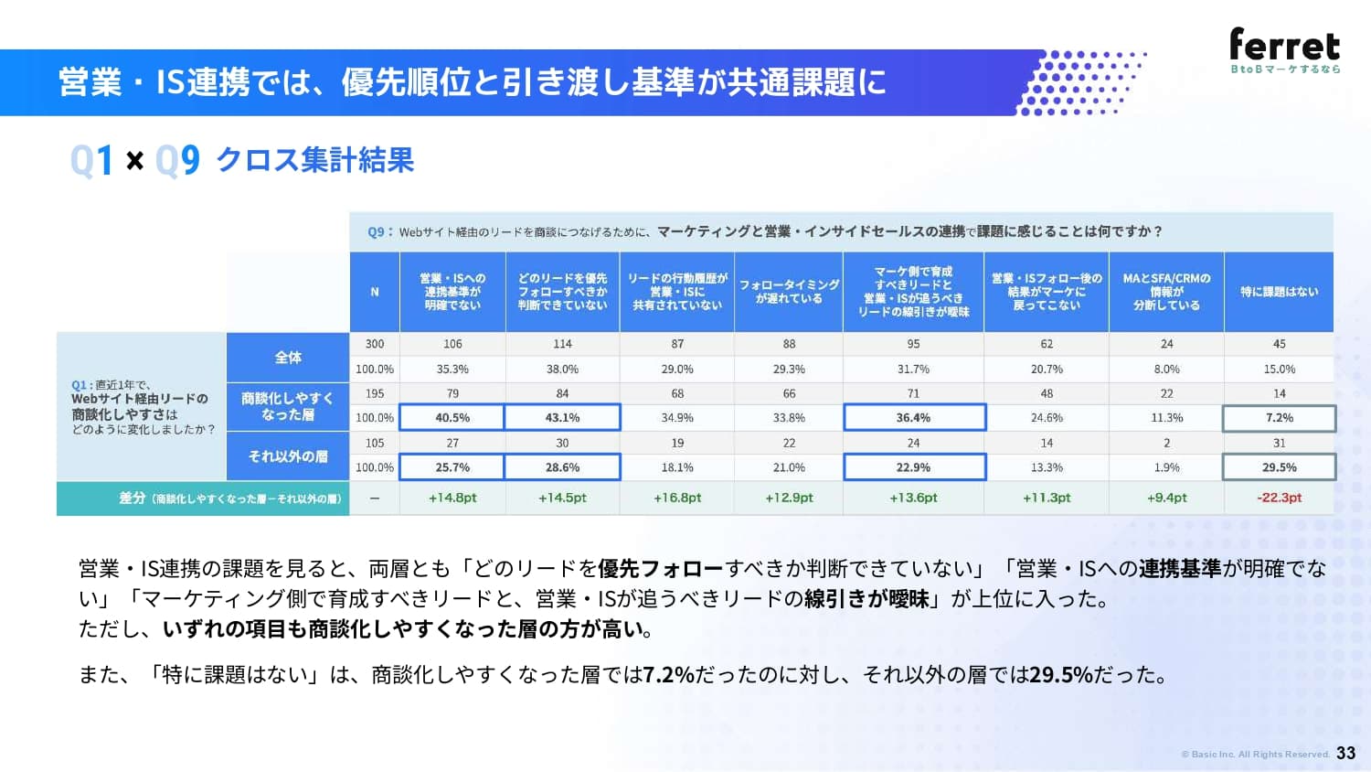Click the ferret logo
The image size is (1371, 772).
point(1285,50)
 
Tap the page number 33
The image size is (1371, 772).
point(1346,753)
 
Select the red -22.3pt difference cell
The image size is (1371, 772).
point(1280,498)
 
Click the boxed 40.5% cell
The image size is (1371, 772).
point(452,417)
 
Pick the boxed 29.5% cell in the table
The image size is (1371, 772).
point(1280,467)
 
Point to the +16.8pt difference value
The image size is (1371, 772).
point(677,498)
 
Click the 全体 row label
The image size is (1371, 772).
point(288,358)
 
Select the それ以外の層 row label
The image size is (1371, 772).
point(288,456)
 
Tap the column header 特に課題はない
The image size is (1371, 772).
point(1280,292)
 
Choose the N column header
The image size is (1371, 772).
point(375,292)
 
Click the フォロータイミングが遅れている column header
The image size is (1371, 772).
point(789,292)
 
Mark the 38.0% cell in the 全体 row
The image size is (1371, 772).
point(562,369)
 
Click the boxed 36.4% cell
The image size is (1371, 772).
point(914,417)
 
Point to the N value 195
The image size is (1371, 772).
point(375,393)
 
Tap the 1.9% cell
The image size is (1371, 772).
point(1166,467)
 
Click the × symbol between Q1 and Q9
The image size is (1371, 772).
point(134,160)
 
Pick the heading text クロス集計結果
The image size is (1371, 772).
point(315,160)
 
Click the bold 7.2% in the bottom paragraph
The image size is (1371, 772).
point(668,674)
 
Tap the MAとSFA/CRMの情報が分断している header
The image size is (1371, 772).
point(1166,292)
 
